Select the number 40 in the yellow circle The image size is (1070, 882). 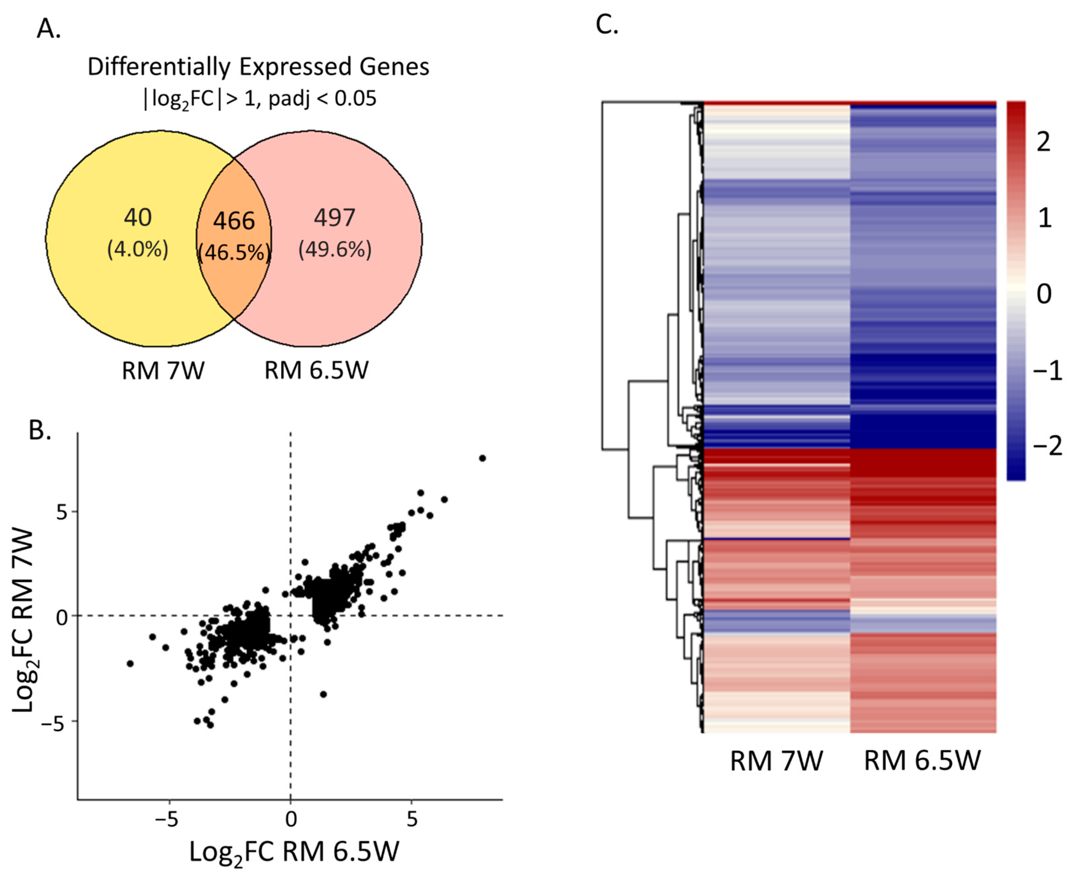pyautogui.click(x=138, y=218)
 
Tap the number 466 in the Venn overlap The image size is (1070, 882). pyautogui.click(x=234, y=221)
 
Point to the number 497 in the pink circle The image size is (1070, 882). pyautogui.click(x=334, y=218)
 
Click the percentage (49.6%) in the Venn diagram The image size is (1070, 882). pyautogui.click(x=335, y=250)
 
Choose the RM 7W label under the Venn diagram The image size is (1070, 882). pyautogui.click(x=163, y=371)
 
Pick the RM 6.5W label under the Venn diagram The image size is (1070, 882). pyautogui.click(x=316, y=371)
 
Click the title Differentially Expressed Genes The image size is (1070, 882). pyautogui.click(x=258, y=67)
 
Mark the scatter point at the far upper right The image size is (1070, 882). pyautogui.click(x=482, y=458)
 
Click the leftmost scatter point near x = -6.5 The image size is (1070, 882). pyautogui.click(x=130, y=663)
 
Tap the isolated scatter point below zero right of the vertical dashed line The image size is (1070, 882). pyautogui.click(x=323, y=694)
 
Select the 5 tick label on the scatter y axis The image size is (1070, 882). pyautogui.click(x=62, y=513)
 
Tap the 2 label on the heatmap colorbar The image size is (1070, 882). pyautogui.click(x=1043, y=142)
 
